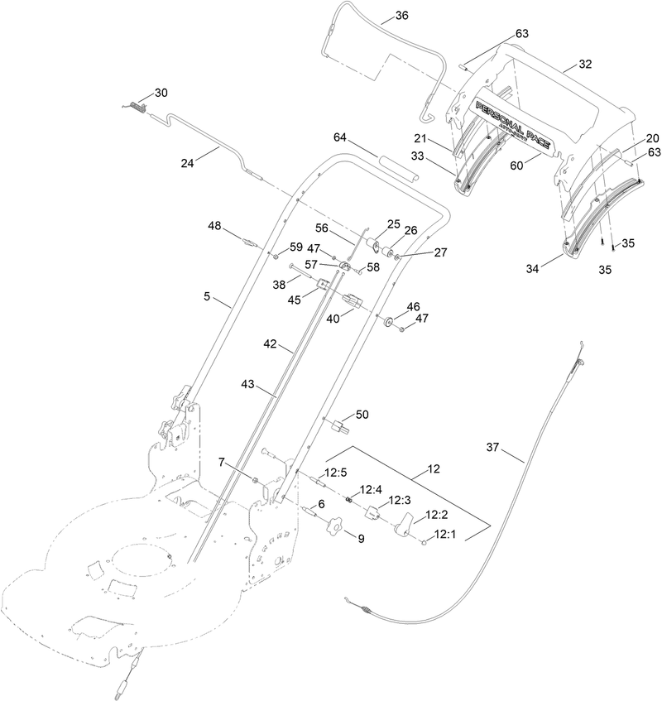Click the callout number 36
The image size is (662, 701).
coord(401,16)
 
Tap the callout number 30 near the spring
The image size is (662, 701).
coord(161,92)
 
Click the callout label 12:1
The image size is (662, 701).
coord(446,534)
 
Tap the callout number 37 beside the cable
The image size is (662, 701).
coord(493,448)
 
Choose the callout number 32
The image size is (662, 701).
coord(585,64)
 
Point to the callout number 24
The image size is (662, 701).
coord(189,163)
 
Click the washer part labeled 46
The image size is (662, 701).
coord(387,319)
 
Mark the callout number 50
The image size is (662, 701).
coord(362,413)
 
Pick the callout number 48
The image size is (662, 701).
coord(214,226)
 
